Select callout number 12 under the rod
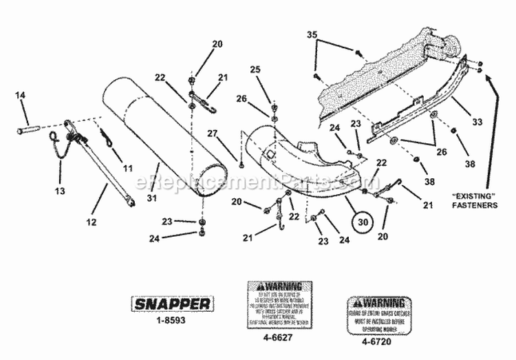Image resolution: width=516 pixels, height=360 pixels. click(92, 222)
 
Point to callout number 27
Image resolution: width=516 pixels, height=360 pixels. click(213, 133)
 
